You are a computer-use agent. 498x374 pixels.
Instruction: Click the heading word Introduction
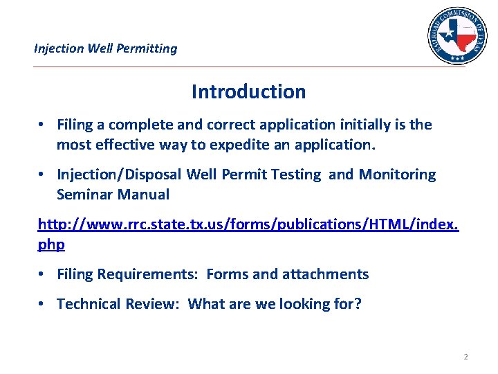pos(248,91)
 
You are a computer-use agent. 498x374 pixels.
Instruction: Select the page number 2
pos(465,357)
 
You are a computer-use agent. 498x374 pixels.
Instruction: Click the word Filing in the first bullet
pos(75,125)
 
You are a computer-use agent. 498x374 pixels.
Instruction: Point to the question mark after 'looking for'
pos(357,304)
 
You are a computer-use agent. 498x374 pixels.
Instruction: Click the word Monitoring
pos(397,175)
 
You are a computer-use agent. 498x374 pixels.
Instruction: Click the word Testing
pos(295,175)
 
